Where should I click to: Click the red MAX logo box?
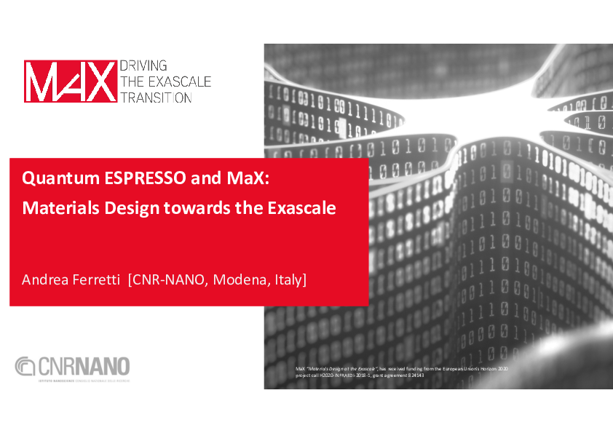[70, 81]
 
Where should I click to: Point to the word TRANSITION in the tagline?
[156, 98]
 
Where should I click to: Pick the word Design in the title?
[123, 208]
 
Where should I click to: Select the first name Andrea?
[45, 279]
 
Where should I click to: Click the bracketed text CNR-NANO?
[167, 279]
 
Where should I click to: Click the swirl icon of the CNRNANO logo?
[25, 366]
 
